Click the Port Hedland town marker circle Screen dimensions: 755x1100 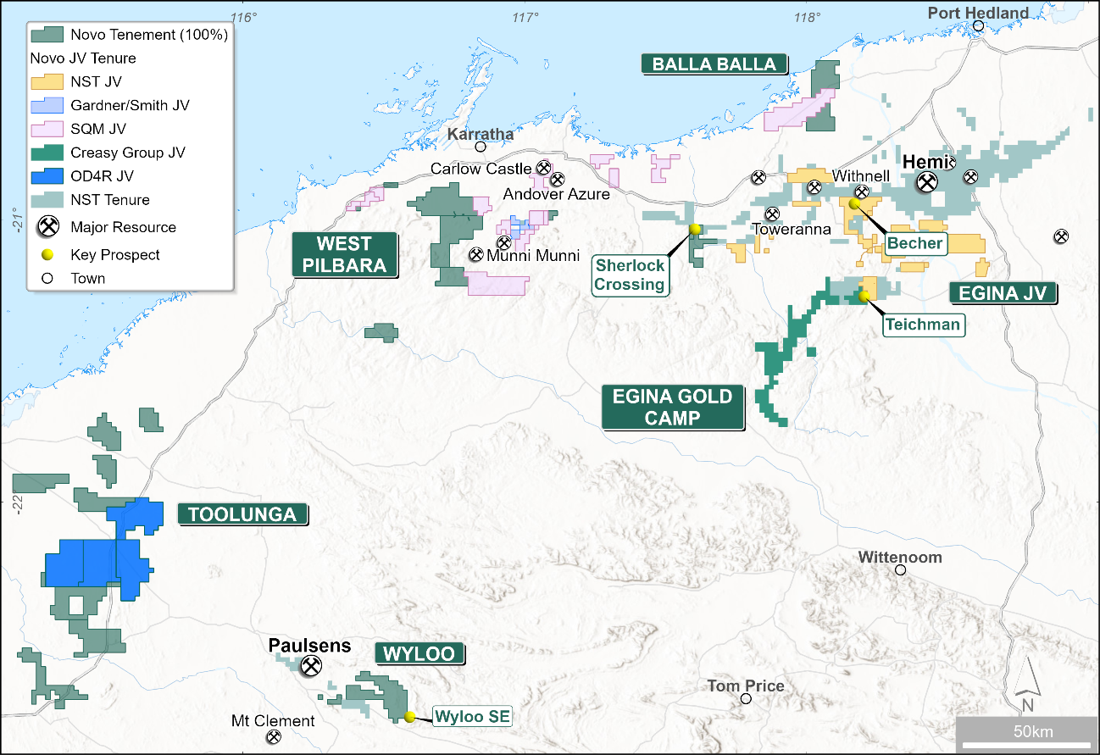tap(978, 25)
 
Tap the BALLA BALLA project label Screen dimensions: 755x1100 tap(714, 64)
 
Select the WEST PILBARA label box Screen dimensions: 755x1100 tap(344, 254)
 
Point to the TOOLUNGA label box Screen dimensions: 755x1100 tap(242, 514)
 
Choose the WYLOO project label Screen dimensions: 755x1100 tap(420, 653)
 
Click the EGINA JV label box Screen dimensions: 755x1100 tap(1003, 293)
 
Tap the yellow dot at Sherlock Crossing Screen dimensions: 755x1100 tap(695, 229)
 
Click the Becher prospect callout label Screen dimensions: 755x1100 tap(914, 244)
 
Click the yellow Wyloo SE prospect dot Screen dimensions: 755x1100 tap(409, 716)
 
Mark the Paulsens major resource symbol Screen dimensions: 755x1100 tap(311, 666)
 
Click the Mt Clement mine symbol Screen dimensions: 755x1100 tap(274, 738)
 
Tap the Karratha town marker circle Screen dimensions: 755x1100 tap(480, 147)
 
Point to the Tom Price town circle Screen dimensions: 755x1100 tap(746, 698)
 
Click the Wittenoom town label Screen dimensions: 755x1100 tap(899, 558)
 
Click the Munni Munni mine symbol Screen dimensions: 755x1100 tap(477, 254)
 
